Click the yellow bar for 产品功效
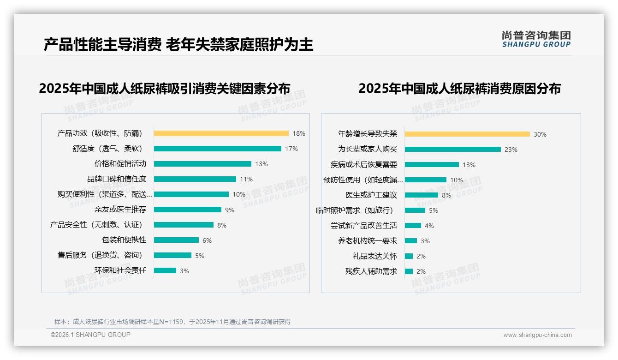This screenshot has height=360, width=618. coord(221,133)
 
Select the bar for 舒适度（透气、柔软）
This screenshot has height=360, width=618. coord(217,149)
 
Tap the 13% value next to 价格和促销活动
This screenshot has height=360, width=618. coord(261,164)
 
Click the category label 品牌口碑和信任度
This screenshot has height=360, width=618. coord(117,179)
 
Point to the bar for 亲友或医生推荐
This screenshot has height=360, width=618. coord(187,210)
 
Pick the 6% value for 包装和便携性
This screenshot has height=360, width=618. coord(207,240)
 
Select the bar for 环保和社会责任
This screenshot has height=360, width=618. coord(165,270)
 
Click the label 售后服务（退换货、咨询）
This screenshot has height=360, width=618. coord(100,255)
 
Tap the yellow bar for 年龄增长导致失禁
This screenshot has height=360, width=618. coord(467,134)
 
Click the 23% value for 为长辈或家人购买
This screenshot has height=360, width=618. coord(511,150)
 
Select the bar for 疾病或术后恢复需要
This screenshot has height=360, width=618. coord(432,165)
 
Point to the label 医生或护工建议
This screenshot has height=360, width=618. coord(371,195)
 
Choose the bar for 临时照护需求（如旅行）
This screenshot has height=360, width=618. coord(415,210)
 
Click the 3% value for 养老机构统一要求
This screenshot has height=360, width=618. coord(425,241)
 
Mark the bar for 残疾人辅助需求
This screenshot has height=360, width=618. coord(409,271)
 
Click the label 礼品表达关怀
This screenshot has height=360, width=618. coord(374,256)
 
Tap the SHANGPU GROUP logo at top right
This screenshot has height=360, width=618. coord(536,39)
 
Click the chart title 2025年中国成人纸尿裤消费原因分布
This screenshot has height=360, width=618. coord(459,89)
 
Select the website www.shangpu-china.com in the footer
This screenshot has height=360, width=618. coord(537,335)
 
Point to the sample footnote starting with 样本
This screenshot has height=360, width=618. coord(172,322)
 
